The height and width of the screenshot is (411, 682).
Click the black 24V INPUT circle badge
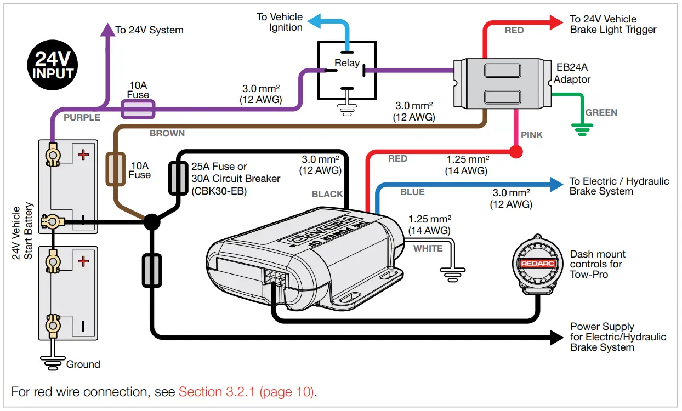(x=53, y=66)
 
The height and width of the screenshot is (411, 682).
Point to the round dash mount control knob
(x=538, y=264)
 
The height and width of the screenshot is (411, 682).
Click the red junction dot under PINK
(x=515, y=152)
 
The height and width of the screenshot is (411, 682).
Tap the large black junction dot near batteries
(x=152, y=221)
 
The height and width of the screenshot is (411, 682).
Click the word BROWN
(x=167, y=133)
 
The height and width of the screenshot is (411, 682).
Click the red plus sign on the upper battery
(x=83, y=155)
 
